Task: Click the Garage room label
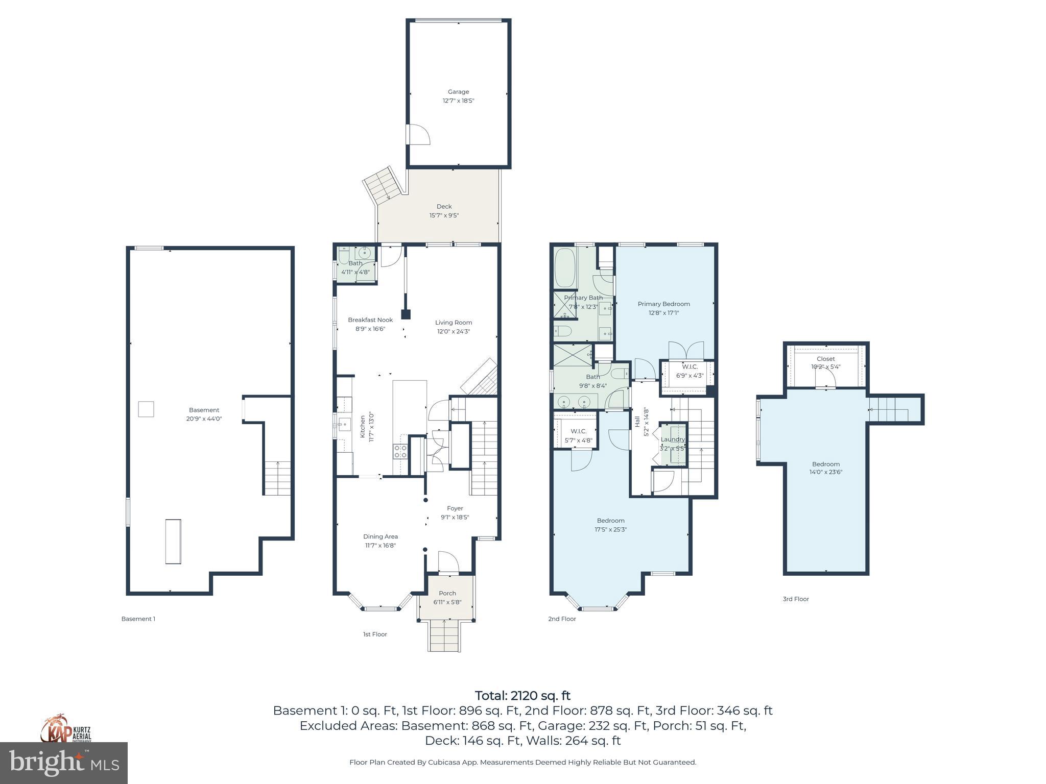point(458,92)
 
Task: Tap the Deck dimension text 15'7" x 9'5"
point(444,215)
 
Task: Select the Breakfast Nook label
point(370,320)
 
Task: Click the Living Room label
point(453,323)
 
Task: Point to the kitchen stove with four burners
point(400,451)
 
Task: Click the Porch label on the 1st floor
point(447,593)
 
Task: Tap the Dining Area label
point(380,536)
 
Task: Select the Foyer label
point(455,508)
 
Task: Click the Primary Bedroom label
point(663,304)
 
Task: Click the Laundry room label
point(672,439)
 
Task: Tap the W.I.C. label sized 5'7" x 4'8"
point(578,431)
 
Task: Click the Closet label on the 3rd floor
point(825,359)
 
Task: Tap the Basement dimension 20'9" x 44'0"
point(204,419)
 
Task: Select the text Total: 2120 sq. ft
point(522,696)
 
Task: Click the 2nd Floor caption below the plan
point(562,619)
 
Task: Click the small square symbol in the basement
point(146,409)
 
